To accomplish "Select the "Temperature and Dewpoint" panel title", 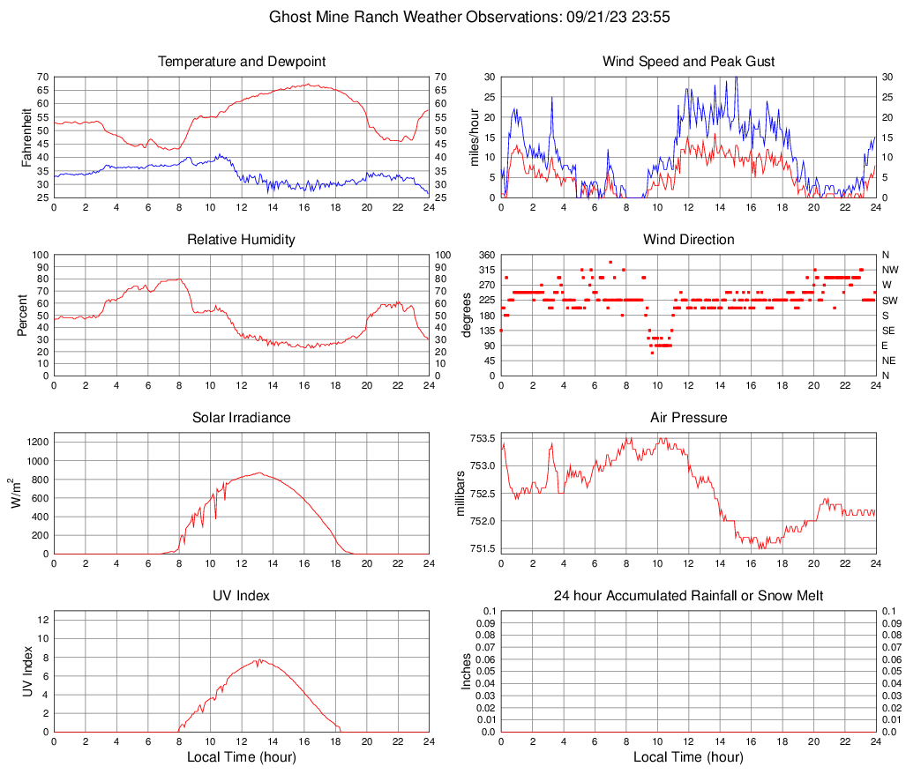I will coord(242,62).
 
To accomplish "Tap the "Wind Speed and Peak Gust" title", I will coord(689,62).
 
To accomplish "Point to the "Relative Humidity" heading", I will coord(242,240).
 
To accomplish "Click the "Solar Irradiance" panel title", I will coord(242,418).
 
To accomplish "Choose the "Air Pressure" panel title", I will coord(689,418).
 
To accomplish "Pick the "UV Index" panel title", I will coord(242,596).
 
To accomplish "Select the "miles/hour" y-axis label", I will coord(473,138).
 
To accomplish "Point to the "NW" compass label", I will coord(890,270).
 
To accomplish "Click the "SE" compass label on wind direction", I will coord(889,330).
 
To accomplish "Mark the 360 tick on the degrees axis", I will coord(484,255).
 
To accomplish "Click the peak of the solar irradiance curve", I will coord(258,473).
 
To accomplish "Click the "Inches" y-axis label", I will coord(467,672).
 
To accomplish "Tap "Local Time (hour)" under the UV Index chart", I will coord(242,757).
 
